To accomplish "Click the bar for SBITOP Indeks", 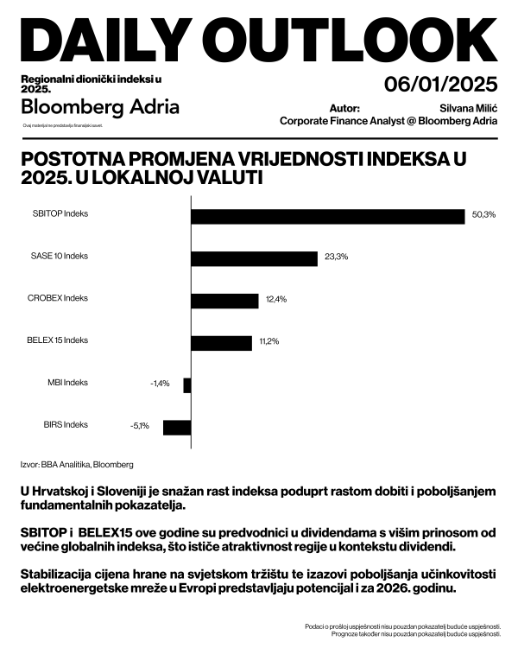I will pos(328,216).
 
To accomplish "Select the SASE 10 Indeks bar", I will pos(255,258).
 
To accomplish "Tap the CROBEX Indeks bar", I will pos(224,301).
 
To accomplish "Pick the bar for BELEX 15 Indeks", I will pos(221,343).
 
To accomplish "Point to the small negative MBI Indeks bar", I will pos(187,385).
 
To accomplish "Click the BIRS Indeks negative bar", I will pos(177,427).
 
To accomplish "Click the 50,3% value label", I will pos(483,214).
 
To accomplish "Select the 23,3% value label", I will pos(336,257).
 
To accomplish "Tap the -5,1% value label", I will pos(140,426).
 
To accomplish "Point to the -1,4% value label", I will pos(161,383).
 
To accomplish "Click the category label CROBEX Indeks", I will pos(58,298).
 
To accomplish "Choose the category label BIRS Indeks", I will pos(66,424).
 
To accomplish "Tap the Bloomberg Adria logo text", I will pos(100,107).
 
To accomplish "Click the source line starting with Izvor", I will pos(77,464).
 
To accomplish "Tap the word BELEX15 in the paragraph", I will pos(82,533).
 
